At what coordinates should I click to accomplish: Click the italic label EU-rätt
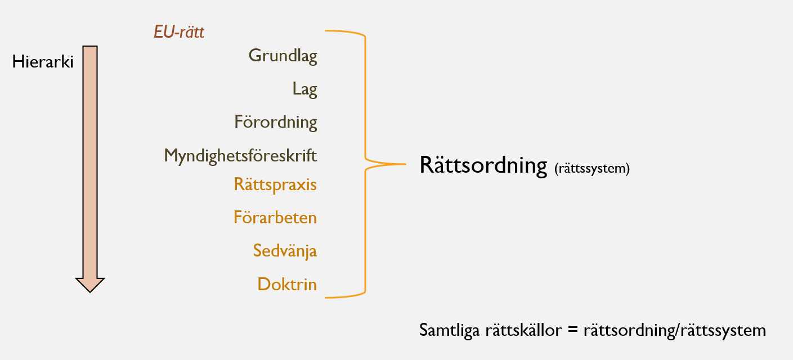[179, 32]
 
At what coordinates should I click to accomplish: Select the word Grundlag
[283, 56]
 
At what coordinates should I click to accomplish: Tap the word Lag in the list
[304, 89]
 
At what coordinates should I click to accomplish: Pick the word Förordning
[276, 122]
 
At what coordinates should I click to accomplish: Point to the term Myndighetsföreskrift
[240, 155]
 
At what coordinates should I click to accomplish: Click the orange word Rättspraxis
[275, 184]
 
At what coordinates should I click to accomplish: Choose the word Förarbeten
[275, 217]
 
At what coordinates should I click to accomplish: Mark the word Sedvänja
[285, 250]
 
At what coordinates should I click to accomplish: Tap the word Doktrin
[287, 284]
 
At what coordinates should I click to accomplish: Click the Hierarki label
[43, 62]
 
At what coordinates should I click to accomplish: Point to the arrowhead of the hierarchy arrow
[90, 285]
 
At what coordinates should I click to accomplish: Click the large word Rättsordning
[483, 166]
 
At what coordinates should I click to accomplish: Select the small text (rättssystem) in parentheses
[592, 168]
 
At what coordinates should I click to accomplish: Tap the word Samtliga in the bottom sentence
[448, 330]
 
